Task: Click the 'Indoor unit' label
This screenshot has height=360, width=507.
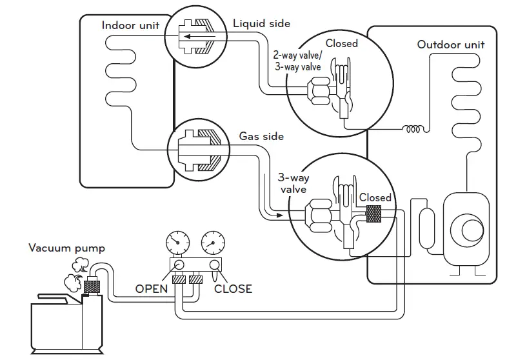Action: pos(130,25)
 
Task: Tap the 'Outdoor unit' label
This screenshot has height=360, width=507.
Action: pos(451,45)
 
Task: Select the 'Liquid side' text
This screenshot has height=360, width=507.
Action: pos(262,24)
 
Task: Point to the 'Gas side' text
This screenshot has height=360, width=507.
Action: pos(261,136)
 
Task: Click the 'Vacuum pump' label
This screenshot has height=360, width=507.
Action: pos(67,248)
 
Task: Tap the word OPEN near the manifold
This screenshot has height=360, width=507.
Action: pos(152,289)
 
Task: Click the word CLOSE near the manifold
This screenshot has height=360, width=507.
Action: pos(233,289)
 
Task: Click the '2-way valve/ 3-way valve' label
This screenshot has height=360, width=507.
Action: pos(297,61)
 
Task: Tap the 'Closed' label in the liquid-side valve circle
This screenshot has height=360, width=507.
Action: pos(341,43)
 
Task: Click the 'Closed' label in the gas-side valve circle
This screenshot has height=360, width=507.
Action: pos(375,197)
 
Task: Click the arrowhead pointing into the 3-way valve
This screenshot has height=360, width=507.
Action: pos(279,215)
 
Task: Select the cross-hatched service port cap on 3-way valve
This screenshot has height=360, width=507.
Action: pos(373,214)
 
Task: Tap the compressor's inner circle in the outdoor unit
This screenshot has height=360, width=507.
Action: pos(472,230)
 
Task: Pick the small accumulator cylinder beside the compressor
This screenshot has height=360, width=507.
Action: pos(427,228)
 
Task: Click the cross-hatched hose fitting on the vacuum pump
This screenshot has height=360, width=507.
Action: pos(92,286)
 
